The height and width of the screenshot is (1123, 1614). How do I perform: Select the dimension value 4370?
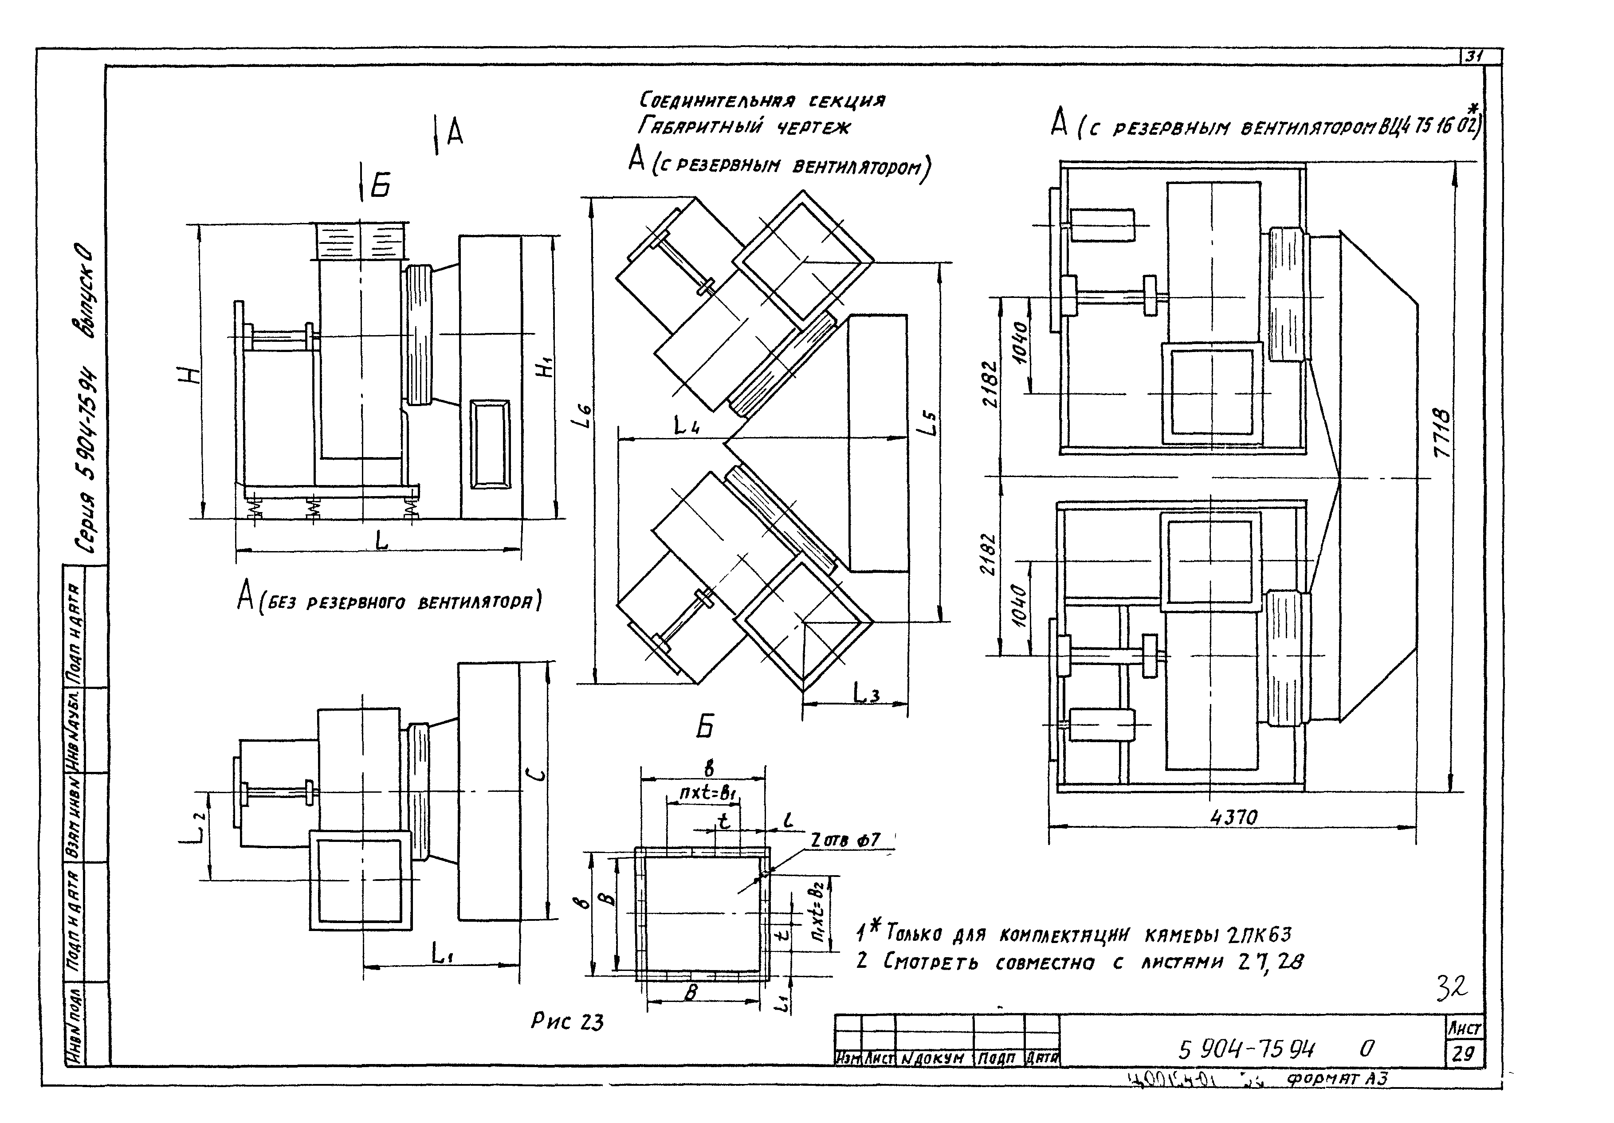1234,817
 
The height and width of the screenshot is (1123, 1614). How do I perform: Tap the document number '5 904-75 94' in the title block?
1246,1050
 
